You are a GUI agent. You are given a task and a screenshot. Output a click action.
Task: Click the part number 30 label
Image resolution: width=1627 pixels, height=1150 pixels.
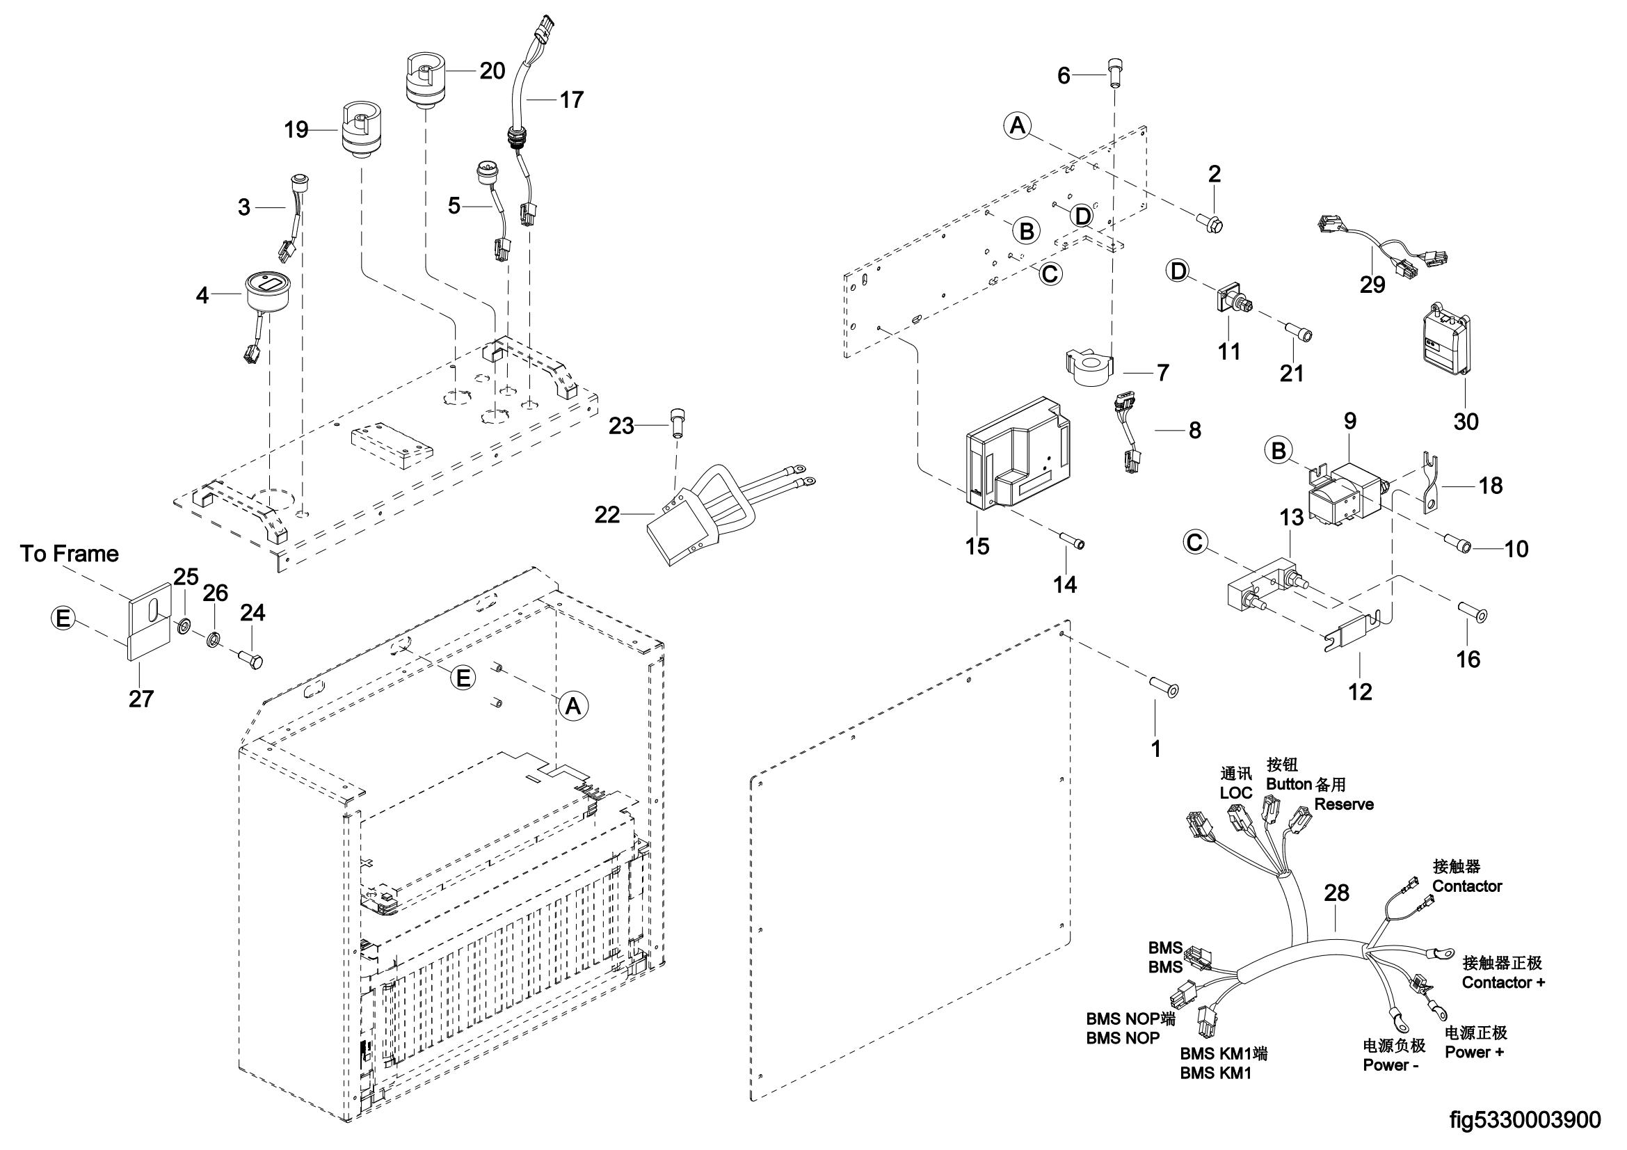[1466, 422]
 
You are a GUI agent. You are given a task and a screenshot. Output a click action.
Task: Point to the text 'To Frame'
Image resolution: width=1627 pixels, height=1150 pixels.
[70, 553]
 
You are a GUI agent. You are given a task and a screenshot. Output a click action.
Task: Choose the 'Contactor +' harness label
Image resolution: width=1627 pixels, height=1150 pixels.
[1503, 983]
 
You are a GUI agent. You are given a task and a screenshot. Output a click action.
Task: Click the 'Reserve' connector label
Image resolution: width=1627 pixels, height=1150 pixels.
[1344, 804]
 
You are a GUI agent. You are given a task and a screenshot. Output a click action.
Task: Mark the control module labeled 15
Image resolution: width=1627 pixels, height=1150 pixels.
[1015, 457]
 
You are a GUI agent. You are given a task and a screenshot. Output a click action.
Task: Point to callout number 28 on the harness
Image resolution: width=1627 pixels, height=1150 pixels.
[1336, 893]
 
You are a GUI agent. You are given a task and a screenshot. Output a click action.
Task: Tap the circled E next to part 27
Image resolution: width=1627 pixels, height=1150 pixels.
[63, 618]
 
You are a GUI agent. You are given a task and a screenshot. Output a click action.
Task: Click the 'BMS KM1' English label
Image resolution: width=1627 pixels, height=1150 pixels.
[1215, 1073]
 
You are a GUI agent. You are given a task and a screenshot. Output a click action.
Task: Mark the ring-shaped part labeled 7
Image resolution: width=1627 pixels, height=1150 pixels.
[1090, 368]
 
